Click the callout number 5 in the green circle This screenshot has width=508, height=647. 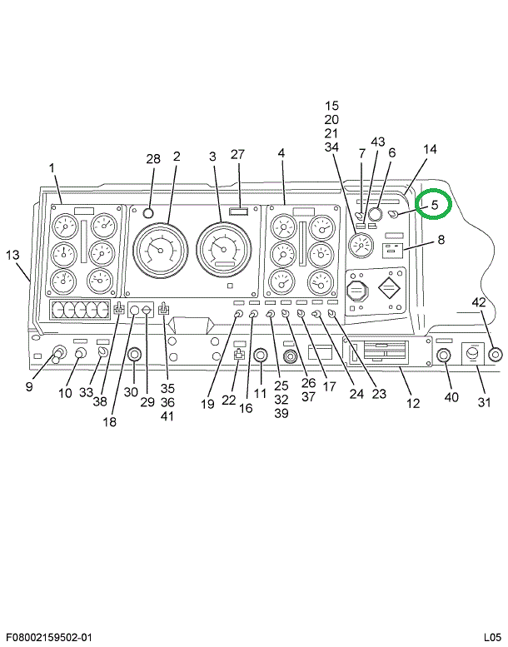434,204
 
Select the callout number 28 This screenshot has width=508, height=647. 153,159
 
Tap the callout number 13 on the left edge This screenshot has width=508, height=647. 12,255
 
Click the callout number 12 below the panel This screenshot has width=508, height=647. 413,404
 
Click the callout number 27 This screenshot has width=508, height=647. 238,154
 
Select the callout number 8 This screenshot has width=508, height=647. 441,241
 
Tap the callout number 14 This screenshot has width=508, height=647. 430,150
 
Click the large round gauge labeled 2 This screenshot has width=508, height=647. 163,249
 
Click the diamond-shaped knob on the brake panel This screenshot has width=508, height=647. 389,293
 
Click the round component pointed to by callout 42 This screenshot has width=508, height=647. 496,355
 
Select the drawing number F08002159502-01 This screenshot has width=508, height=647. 46,637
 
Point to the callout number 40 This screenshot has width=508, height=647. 451,397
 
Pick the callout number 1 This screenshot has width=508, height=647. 52,169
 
